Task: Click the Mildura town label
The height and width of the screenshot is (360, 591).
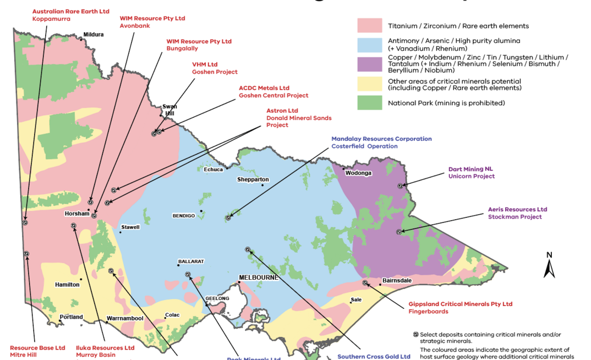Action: coord(94,34)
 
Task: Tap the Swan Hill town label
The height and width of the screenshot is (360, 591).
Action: coord(168,110)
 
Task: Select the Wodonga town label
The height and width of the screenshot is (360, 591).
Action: coord(359,173)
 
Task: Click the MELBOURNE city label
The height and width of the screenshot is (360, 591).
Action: coord(258,278)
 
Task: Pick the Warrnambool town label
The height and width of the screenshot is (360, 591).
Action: coord(125,318)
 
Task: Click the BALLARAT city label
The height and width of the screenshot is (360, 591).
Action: coord(191,261)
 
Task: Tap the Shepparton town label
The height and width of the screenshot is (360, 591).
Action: coord(253,179)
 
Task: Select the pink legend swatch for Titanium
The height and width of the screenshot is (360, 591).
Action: coord(370,26)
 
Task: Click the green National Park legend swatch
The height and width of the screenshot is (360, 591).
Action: coord(370,103)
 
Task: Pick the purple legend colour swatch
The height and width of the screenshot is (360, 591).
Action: coord(370,64)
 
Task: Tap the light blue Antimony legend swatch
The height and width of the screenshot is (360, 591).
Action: coord(370,44)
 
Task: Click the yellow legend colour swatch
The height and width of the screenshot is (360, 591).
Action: coord(370,84)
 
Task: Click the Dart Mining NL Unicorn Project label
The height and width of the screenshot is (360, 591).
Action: coord(472,173)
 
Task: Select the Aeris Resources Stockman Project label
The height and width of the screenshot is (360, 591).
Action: coord(517,213)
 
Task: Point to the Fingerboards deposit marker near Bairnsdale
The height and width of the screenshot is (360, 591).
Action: coord(365,283)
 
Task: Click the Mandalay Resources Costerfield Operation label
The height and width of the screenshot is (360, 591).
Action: coord(381,143)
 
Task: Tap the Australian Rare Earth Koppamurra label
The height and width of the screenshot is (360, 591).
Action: coord(71,15)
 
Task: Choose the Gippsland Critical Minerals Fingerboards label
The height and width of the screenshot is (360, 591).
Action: coord(460,308)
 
